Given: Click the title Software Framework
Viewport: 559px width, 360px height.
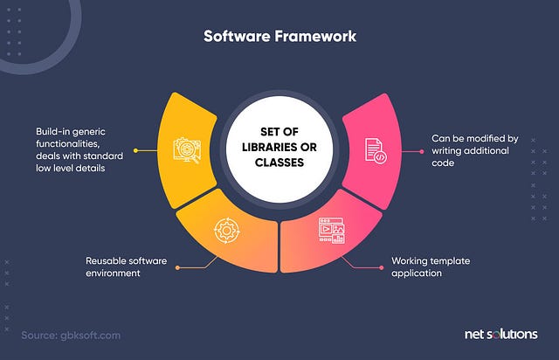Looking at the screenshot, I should [x=280, y=37].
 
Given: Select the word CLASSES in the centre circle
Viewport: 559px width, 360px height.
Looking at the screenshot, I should [x=279, y=163].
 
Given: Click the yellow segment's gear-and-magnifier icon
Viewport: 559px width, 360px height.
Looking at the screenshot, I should [x=187, y=149].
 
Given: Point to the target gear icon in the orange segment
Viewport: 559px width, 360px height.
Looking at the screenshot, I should [x=224, y=230].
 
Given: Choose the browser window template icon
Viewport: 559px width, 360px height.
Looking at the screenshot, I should [x=331, y=231].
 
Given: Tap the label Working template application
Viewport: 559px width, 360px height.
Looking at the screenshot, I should [x=428, y=267].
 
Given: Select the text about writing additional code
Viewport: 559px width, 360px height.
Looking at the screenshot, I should [x=476, y=150].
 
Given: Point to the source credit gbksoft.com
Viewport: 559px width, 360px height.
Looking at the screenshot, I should [x=72, y=335].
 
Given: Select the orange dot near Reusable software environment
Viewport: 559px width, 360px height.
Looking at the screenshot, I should [x=177, y=267].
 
